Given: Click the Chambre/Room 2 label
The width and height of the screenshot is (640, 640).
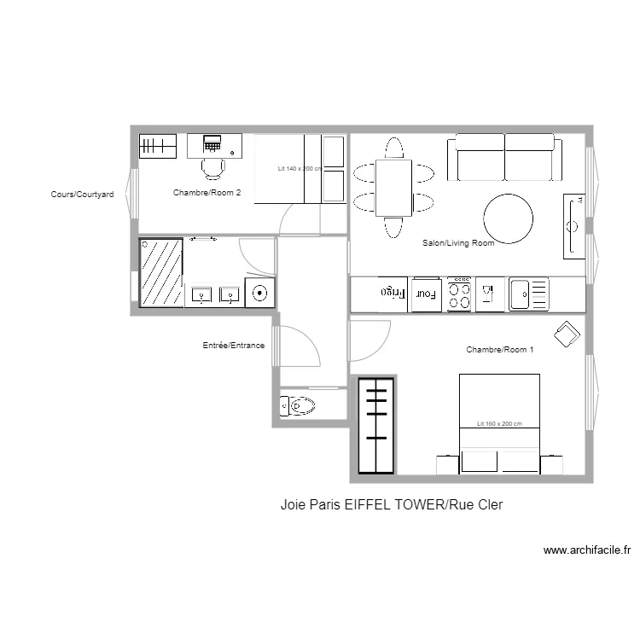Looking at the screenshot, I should click(x=207, y=193).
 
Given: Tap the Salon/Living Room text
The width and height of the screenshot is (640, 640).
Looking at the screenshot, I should click(x=458, y=243).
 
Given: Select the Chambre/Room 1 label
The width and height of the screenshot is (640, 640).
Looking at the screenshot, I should click(x=500, y=350).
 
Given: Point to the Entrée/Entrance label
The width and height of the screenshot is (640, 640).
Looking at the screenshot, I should click(x=233, y=346).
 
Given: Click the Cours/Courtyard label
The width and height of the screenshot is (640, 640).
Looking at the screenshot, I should click(x=82, y=195).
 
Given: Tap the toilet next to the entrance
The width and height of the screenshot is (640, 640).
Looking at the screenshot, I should click(x=297, y=407).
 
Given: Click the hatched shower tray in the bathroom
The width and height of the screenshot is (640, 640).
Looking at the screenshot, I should click(x=162, y=272).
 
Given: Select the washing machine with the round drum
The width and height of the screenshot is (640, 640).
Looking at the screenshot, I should click(x=260, y=293).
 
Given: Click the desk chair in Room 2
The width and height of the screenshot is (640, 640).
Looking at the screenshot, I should click(x=213, y=166).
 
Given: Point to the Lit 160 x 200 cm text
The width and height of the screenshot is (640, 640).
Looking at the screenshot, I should click(x=499, y=424).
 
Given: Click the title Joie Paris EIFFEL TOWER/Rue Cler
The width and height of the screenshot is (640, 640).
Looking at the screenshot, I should click(x=392, y=505).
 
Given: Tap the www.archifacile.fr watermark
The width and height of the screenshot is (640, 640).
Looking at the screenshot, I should click(x=586, y=551).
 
